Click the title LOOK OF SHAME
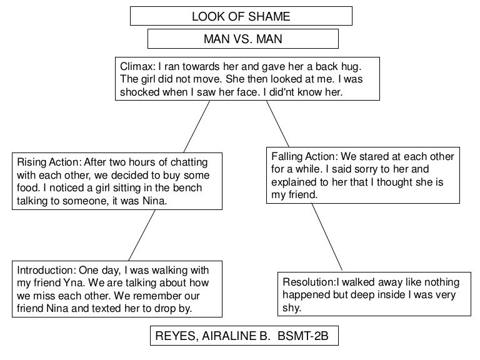(241, 16)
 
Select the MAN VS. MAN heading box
(242, 39)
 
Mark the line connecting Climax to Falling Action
(278, 124)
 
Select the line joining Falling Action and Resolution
(327, 236)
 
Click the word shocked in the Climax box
(137, 91)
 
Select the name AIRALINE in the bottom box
(224, 337)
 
